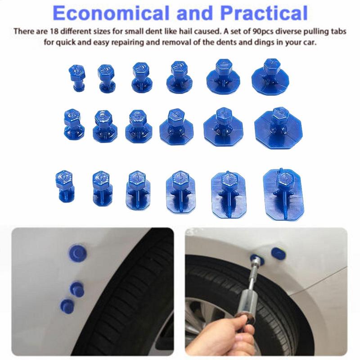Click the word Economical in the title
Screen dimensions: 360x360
[105, 13]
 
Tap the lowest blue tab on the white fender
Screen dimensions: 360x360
[67, 305]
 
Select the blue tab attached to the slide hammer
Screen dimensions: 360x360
[256, 259]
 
